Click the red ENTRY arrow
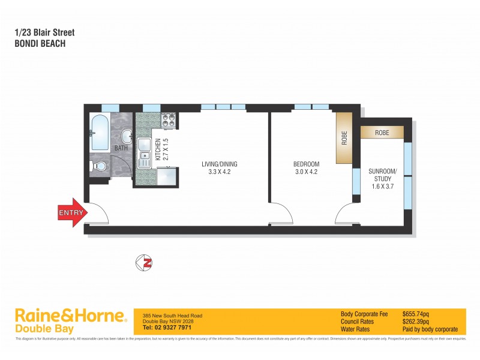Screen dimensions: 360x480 71,212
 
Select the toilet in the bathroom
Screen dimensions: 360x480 100,166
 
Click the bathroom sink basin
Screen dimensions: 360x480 127,134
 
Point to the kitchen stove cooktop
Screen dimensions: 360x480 169,120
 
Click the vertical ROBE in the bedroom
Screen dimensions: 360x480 344,138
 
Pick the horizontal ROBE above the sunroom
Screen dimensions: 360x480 382,132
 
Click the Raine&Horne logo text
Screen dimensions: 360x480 70,316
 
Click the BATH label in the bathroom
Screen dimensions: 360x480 121,148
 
